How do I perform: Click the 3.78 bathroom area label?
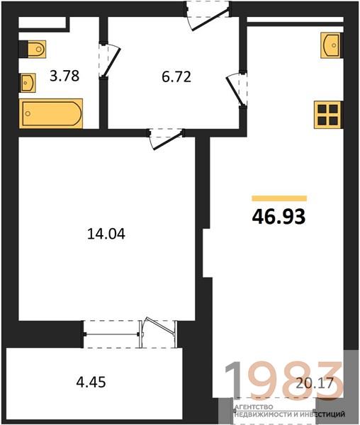point(64,76)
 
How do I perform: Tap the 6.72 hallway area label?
point(176,76)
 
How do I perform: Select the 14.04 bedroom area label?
point(106,234)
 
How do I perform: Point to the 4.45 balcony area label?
point(91,382)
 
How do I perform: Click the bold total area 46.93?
point(279,217)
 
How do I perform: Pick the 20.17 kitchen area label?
point(315,383)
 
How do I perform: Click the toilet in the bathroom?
point(33,50)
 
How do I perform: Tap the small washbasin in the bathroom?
point(28,82)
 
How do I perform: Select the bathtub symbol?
point(51,113)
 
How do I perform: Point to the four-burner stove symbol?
point(328,115)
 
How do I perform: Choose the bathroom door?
point(109,59)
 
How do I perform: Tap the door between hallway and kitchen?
point(237,89)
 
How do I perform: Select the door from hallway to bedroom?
point(166,138)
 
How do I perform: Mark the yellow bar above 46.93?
point(279,198)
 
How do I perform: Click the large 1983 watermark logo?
point(283,380)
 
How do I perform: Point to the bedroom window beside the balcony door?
point(111,334)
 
